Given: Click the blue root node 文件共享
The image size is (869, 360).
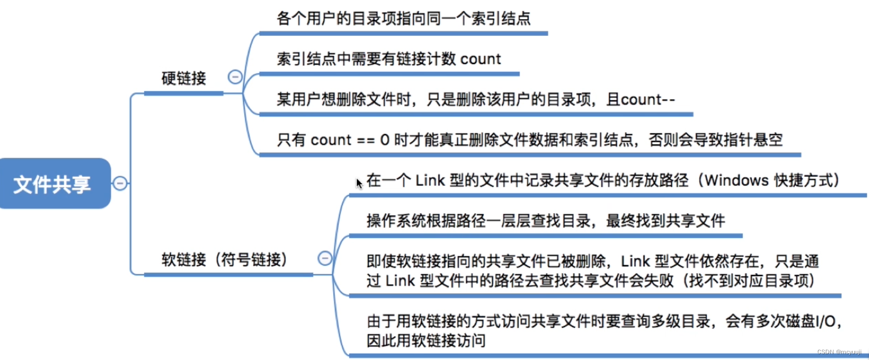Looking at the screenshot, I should pyautogui.click(x=53, y=184).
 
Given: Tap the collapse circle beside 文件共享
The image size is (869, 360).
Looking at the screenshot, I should pyautogui.click(x=120, y=183).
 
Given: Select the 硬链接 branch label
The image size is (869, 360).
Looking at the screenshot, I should pyautogui.click(x=184, y=78).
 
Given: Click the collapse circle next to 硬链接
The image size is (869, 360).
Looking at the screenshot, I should pyautogui.click(x=235, y=77).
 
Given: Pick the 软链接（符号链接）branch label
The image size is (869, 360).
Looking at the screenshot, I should pyautogui.click(x=224, y=259).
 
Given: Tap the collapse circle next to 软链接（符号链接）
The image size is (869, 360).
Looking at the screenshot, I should pyautogui.click(x=325, y=258).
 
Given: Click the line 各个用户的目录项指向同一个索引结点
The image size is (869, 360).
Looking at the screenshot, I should pyautogui.click(x=403, y=19).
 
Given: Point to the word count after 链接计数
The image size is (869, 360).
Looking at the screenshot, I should pyautogui.click(x=480, y=59).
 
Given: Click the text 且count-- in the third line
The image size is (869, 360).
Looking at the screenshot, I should pyautogui.click(x=641, y=100).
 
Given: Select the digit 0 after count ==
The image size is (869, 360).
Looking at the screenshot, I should pyautogui.click(x=385, y=140).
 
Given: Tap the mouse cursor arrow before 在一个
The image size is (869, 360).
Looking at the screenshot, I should pyautogui.click(x=359, y=183).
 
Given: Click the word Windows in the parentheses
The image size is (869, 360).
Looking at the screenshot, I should pyautogui.click(x=737, y=181).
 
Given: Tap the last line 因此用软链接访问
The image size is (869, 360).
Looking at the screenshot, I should pyautogui.click(x=426, y=340).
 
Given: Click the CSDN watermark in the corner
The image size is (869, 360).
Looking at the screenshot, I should pyautogui.click(x=839, y=352).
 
